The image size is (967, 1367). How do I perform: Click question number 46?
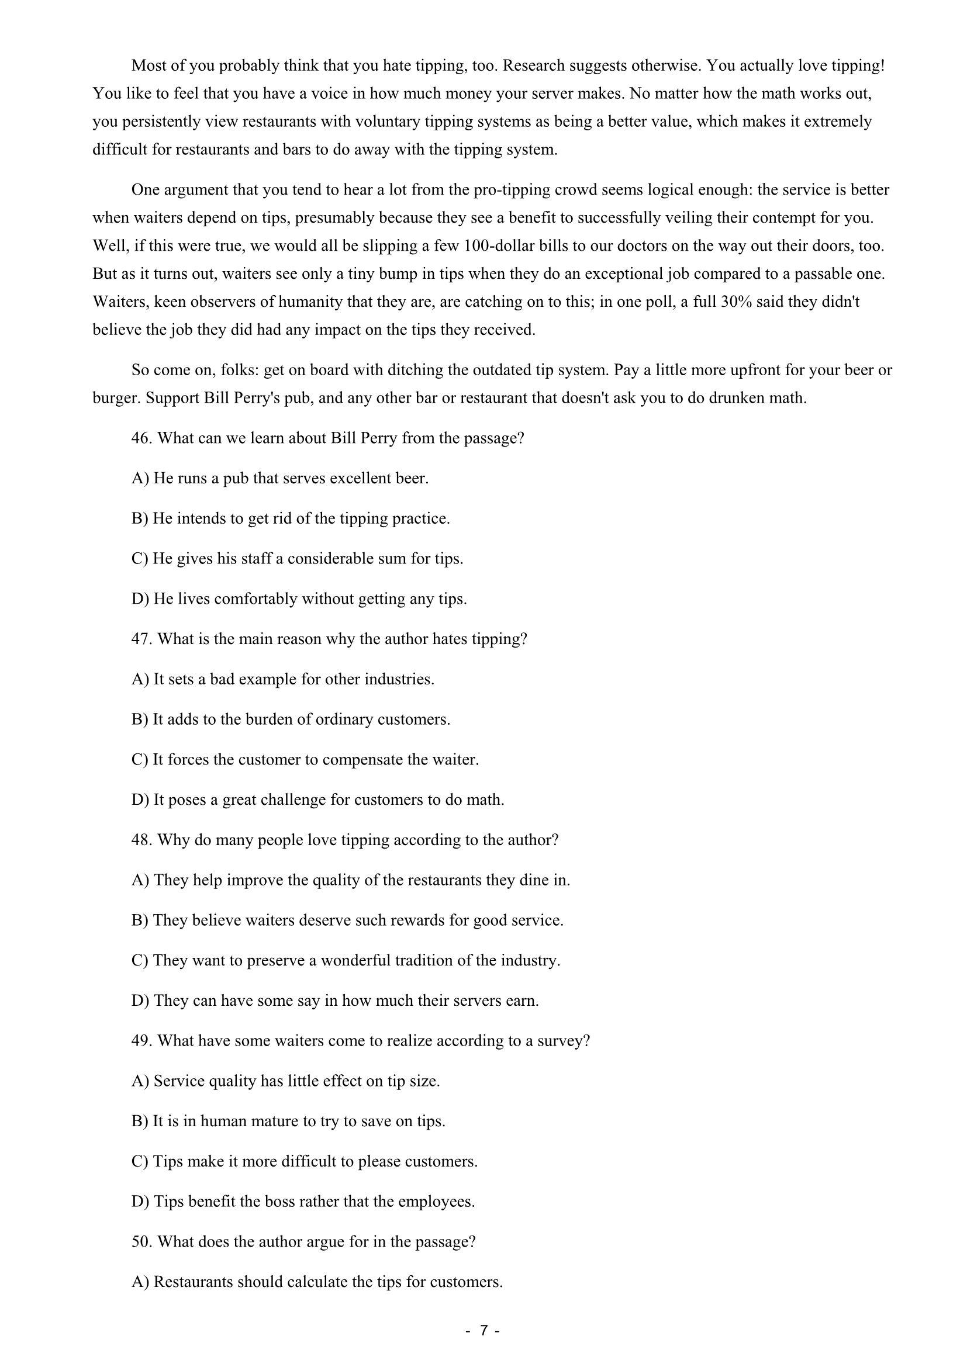click(141, 439)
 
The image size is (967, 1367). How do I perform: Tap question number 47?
click(141, 639)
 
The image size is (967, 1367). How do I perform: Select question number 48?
click(141, 840)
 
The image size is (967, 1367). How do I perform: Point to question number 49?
click(141, 1041)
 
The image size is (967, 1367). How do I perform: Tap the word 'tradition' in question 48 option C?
click(436, 960)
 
